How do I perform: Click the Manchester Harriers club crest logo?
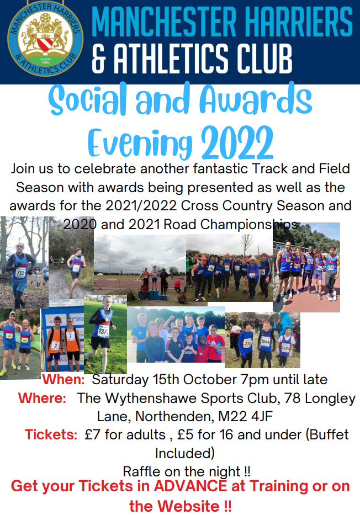(x=45, y=39)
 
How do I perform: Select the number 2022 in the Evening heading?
(x=237, y=143)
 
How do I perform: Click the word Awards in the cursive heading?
(x=256, y=99)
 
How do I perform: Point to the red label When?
(x=63, y=379)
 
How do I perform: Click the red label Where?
(x=42, y=398)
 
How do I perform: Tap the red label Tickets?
(x=51, y=434)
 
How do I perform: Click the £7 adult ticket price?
(x=92, y=434)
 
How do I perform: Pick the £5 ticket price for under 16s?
(x=186, y=434)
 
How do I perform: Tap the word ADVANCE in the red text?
(x=190, y=486)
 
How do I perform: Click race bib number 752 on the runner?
(x=20, y=273)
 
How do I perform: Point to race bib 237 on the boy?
(x=103, y=331)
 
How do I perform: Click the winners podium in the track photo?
(x=153, y=296)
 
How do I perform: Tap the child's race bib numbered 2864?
(x=265, y=342)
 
